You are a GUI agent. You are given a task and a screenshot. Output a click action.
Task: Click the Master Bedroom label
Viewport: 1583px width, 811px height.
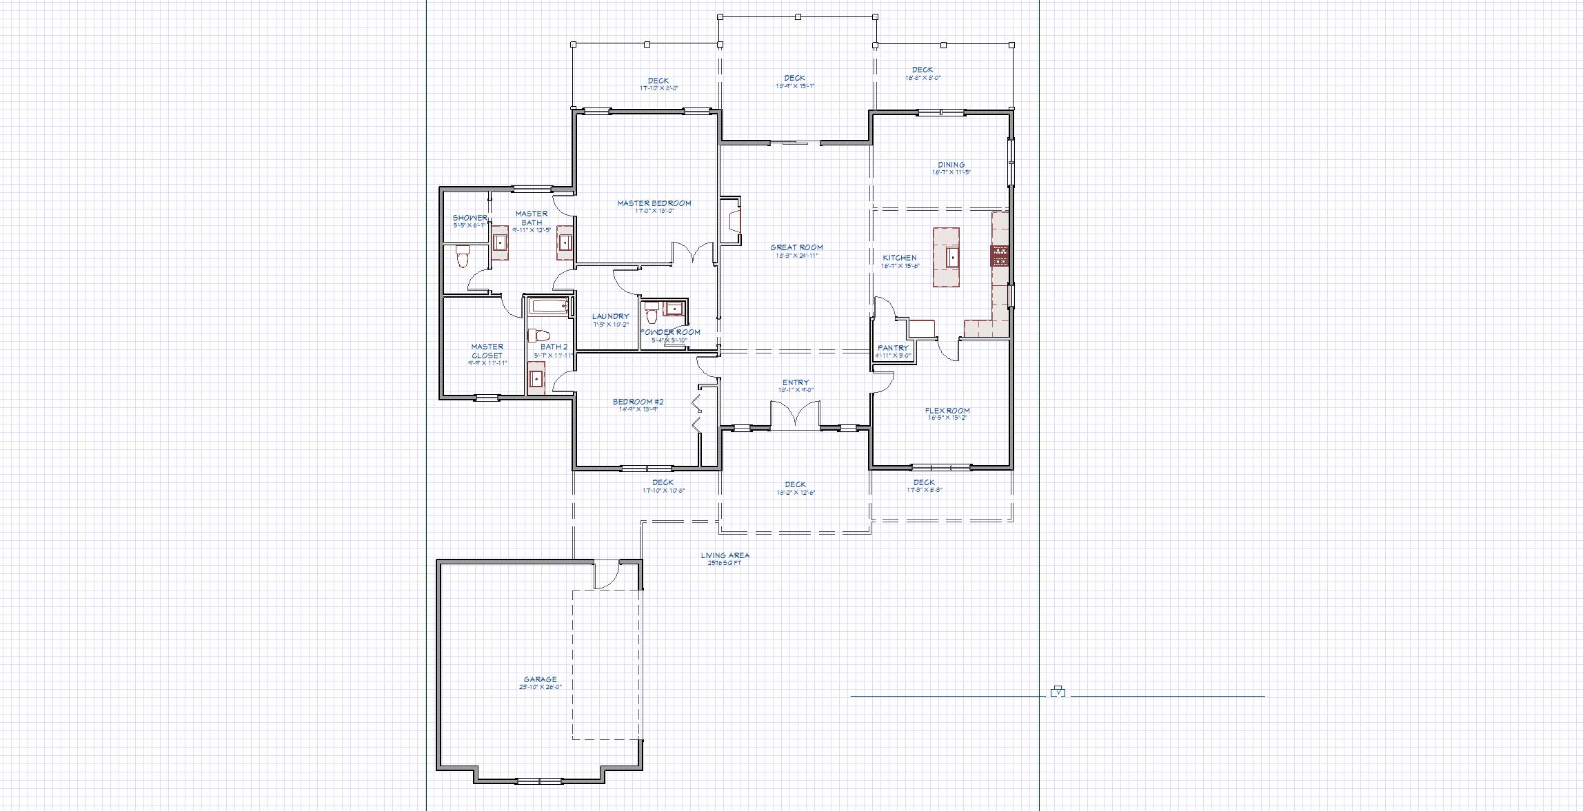[654, 203]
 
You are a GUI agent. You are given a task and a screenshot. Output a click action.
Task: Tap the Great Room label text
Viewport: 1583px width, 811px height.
[796, 247]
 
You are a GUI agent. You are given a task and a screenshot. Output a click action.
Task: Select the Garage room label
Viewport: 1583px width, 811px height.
[540, 679]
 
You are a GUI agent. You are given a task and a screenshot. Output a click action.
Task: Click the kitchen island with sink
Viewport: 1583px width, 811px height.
[946, 257]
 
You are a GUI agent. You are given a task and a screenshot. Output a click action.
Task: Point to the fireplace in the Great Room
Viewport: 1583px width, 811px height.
[730, 221]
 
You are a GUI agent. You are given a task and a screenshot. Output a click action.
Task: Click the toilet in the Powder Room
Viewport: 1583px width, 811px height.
[651, 315]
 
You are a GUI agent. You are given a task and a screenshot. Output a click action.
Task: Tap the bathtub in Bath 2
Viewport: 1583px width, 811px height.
[549, 307]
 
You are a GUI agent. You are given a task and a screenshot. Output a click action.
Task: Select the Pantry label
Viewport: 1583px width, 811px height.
[893, 349]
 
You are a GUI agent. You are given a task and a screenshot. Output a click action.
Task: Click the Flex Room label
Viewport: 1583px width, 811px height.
[947, 411]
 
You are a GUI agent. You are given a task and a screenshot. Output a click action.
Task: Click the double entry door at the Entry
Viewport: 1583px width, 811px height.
[795, 417]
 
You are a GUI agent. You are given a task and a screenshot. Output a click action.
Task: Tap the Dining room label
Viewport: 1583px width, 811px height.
[951, 165]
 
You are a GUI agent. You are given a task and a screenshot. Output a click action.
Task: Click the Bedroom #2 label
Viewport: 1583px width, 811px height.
[638, 402]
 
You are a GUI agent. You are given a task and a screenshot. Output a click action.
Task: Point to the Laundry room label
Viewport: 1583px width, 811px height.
[610, 317]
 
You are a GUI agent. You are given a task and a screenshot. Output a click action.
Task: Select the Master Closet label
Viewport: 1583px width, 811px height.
[487, 351]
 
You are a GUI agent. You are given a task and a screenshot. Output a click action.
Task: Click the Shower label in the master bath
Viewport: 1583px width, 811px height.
[470, 218]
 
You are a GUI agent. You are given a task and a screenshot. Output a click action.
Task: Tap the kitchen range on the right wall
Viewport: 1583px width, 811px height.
[1000, 256]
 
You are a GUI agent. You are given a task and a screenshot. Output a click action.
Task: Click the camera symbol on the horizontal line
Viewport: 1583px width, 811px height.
[1058, 691]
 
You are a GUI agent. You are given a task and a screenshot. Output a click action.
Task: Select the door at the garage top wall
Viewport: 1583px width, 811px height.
[607, 575]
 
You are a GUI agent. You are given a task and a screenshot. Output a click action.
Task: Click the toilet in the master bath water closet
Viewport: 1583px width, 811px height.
[463, 258]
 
